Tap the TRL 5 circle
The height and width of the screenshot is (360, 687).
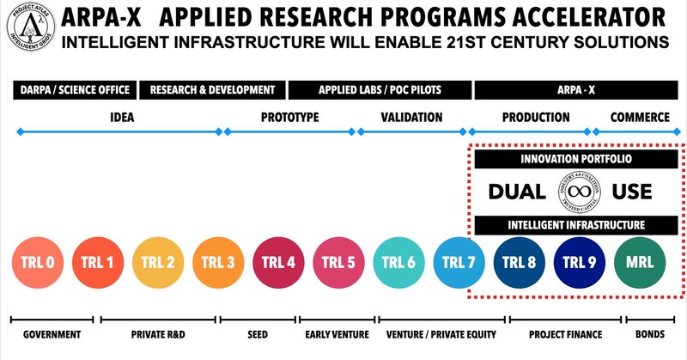point(338,261)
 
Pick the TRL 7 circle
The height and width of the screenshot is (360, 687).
point(459,261)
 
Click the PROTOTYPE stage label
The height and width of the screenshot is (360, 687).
point(289,117)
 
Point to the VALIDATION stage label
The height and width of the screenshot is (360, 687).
point(411,117)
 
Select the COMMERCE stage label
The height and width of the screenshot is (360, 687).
point(640,117)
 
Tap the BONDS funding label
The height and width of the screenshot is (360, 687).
point(653,334)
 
